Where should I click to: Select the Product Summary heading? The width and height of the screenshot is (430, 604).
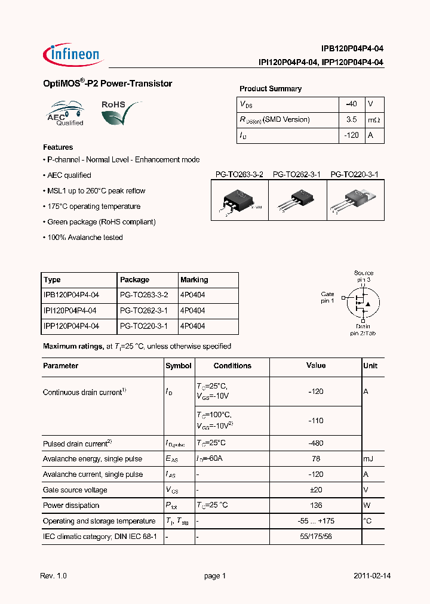coord(271,89)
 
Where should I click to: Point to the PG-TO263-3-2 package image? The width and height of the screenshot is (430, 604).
coord(239,201)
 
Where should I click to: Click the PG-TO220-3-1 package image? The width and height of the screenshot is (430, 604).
coord(355,201)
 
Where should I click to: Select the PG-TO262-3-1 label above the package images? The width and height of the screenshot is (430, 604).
coord(297,174)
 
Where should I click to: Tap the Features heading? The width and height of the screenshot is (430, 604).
coord(58,147)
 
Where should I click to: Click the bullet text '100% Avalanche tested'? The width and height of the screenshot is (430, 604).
coord(85,238)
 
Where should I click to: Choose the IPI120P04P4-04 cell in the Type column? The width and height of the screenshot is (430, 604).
coord(70,311)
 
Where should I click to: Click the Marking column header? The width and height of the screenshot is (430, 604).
coord(194,280)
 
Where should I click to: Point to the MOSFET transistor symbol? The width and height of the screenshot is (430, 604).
coord(362,301)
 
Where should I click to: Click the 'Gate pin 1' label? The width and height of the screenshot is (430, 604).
coord(327,297)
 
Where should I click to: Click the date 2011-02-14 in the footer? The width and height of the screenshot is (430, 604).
coord(371,576)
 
